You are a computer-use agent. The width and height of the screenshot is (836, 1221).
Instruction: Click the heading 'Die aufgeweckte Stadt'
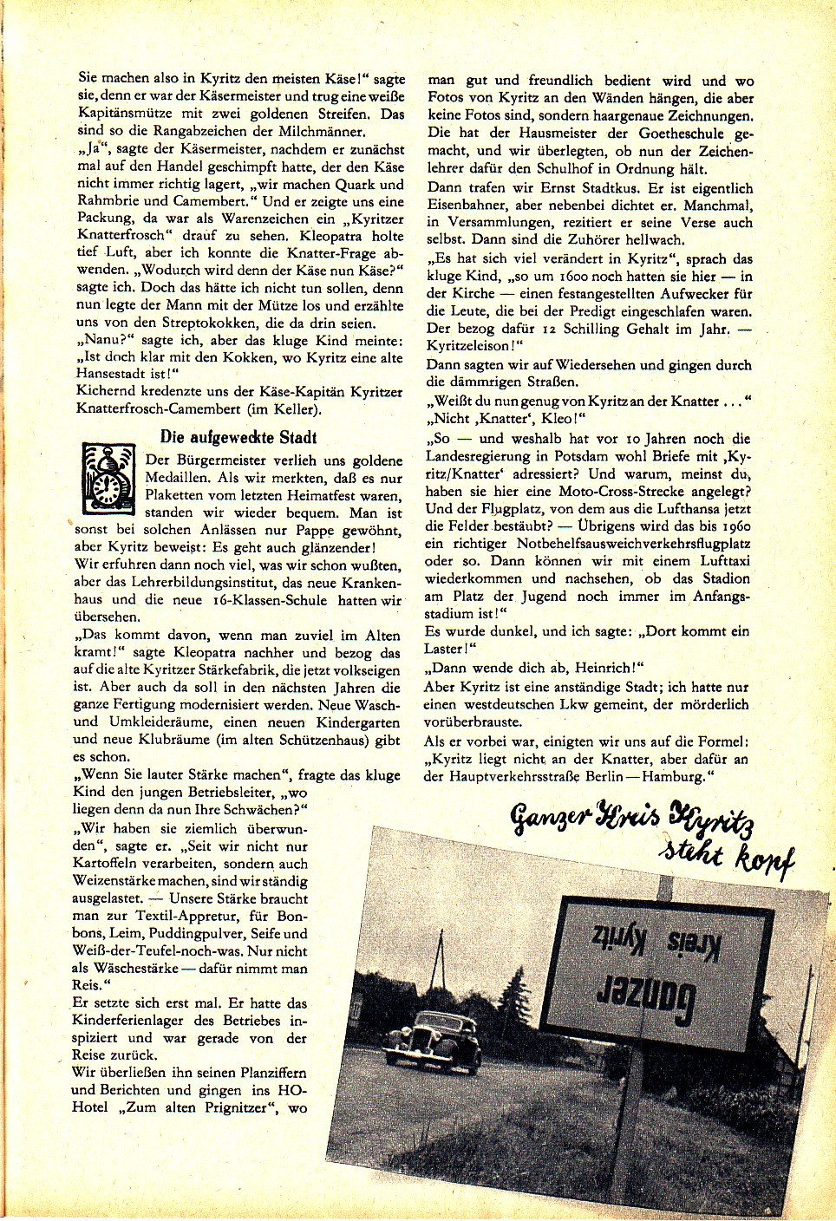click(x=238, y=437)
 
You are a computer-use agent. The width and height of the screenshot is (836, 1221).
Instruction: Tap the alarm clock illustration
click(x=108, y=476)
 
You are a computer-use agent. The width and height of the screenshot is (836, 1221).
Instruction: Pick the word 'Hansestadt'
click(x=114, y=375)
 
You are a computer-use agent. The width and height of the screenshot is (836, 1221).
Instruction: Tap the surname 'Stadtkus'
click(x=624, y=188)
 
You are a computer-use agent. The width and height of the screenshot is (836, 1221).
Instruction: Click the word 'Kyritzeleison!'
click(x=475, y=347)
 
